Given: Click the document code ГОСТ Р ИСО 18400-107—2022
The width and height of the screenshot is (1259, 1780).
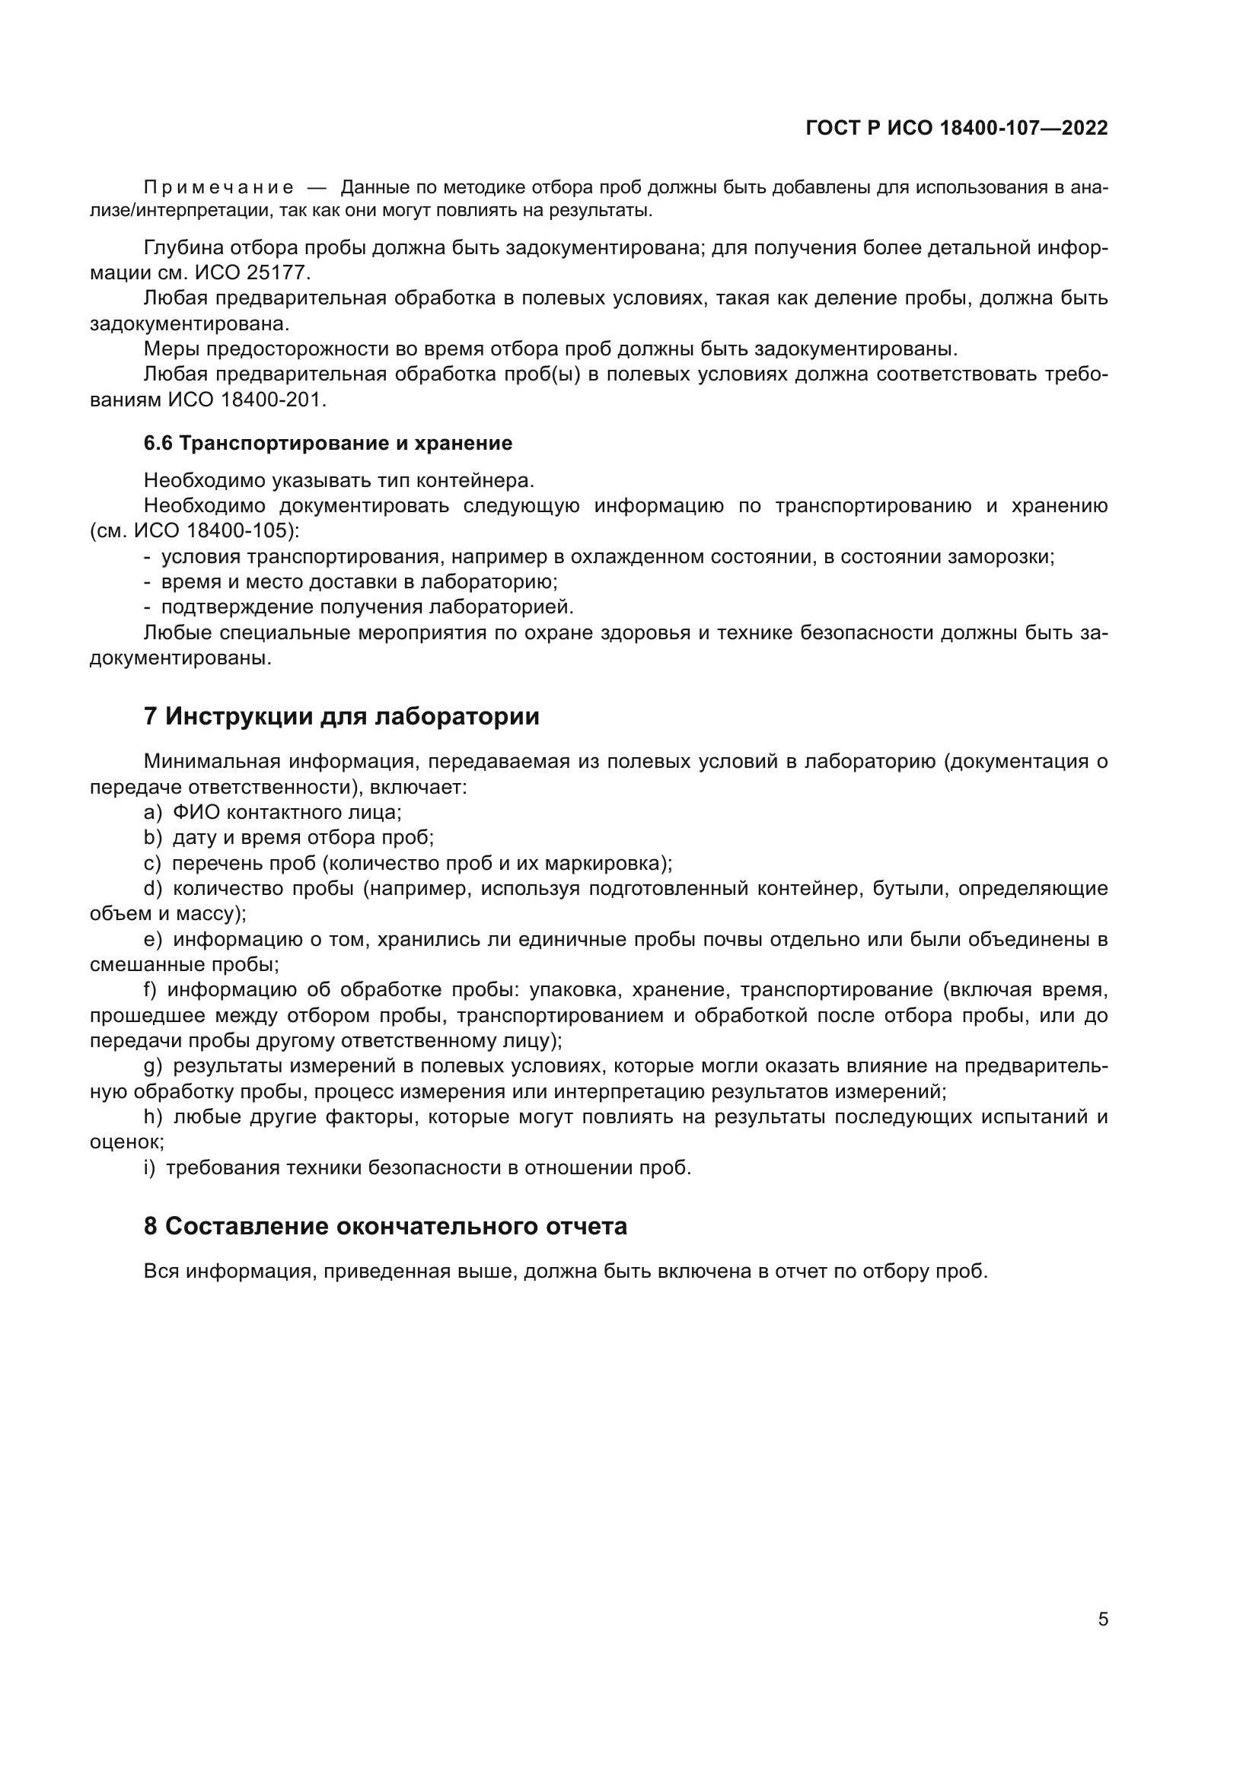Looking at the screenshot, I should (957, 128).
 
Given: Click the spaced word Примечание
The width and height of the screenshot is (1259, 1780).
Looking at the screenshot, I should (218, 188).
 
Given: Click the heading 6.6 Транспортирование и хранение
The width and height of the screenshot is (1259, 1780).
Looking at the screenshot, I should (328, 444).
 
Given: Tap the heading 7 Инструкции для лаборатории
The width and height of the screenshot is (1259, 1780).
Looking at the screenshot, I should (341, 715).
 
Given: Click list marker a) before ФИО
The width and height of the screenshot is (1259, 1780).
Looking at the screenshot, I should (152, 813).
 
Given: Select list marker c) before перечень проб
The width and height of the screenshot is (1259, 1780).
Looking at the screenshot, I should (152, 864).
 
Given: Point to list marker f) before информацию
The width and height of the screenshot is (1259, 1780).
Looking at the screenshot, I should (151, 990).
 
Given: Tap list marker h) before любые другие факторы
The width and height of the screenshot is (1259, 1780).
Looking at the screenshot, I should (152, 1117).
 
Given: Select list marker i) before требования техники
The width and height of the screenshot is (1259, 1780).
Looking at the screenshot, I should (149, 1167).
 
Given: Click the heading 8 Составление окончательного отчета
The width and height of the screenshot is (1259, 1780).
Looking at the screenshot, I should (385, 1227).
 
